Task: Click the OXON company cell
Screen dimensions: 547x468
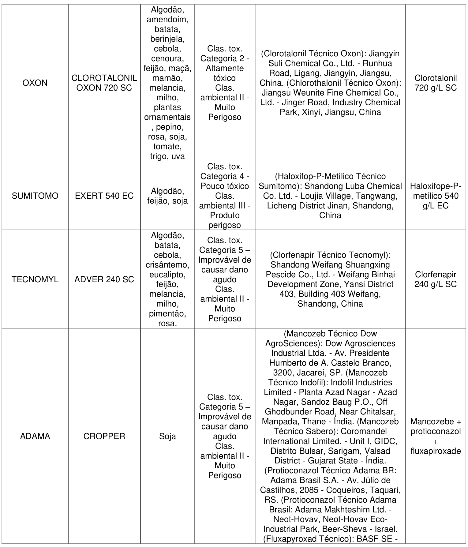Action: (35, 83)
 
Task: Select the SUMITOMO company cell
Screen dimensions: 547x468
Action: (35, 196)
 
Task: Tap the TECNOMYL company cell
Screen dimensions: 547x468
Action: (35, 279)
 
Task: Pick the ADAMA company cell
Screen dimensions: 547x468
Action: (35, 436)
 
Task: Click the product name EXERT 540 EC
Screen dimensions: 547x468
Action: (104, 196)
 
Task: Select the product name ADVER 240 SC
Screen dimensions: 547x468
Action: (104, 279)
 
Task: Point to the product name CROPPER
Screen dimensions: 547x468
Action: (104, 436)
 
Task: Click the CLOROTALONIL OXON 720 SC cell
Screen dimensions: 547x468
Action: (104, 83)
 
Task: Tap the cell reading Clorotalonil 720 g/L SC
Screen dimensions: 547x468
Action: (436, 83)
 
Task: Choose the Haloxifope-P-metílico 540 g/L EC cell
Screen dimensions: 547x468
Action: (436, 196)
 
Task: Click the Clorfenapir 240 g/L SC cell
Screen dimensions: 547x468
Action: (436, 279)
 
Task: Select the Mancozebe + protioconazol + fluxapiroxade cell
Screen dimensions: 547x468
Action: (436, 436)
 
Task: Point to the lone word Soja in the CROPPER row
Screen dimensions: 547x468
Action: (167, 436)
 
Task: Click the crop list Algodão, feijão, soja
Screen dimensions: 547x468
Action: (167, 196)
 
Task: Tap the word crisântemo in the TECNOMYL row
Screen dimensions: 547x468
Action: (167, 265)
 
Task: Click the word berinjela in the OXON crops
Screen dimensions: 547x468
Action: (167, 39)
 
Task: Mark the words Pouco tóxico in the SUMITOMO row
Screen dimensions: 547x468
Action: (225, 186)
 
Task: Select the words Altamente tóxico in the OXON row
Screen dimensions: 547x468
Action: (225, 73)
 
